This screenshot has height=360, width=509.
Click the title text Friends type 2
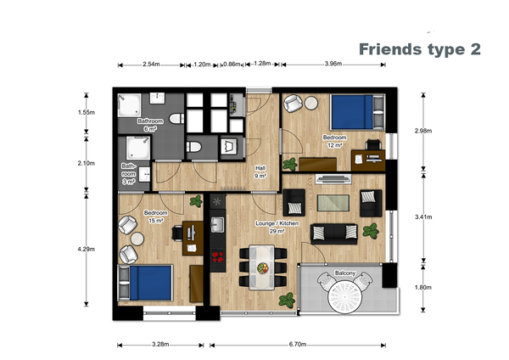419,49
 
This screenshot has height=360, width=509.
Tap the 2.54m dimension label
151,65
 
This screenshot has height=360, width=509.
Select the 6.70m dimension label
298,345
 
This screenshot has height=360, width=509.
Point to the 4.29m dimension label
87,250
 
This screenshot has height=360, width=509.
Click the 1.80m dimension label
423,287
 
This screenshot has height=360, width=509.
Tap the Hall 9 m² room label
260,172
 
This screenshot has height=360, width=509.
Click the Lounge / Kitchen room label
277,223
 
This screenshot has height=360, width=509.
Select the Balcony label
345,273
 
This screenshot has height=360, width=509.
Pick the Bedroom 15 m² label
156,217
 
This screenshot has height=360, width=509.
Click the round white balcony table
344,297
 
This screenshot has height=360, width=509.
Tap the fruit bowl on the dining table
263,268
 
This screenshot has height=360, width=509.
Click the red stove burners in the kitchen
218,256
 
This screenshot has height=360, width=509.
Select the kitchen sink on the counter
217,224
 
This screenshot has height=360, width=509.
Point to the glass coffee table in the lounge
333,203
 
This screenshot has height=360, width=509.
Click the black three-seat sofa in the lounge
334,233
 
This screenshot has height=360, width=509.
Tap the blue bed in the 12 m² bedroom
351,112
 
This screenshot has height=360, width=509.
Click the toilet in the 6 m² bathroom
176,119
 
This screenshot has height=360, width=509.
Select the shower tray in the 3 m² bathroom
138,148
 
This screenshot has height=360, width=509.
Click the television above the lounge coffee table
333,178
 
